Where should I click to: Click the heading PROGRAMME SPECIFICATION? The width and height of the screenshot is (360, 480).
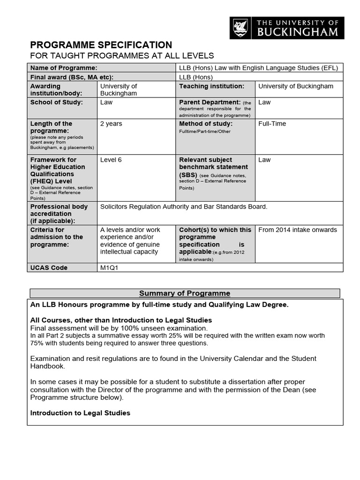(101, 45)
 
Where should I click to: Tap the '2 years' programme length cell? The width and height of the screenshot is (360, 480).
(111, 124)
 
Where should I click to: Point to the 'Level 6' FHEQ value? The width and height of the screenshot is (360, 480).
(111, 160)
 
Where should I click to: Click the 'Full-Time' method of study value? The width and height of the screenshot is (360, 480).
(272, 124)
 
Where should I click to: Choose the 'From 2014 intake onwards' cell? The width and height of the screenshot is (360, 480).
(297, 230)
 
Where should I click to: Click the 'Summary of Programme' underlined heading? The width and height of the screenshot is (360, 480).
(185, 293)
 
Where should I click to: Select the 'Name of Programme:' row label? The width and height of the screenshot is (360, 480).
(64, 68)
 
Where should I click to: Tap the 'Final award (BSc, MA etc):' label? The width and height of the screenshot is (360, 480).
(72, 77)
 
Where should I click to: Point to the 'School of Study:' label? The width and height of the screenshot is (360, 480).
(57, 102)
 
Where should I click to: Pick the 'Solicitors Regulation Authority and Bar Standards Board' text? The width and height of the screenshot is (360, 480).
(184, 206)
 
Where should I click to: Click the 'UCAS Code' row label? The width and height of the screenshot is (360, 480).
(49, 268)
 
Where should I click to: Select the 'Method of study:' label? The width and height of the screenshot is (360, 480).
(206, 124)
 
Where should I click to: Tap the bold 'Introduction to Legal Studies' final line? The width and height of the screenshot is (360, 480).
(80, 413)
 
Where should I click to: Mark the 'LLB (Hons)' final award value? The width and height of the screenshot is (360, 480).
(196, 77)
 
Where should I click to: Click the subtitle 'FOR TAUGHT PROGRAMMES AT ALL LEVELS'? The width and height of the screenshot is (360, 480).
(122, 56)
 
